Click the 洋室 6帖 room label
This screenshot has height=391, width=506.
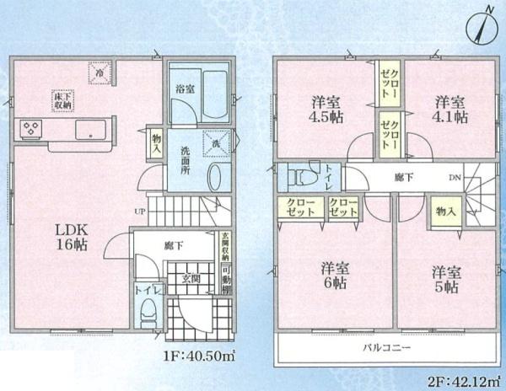334,276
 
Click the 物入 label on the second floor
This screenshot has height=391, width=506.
441,211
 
